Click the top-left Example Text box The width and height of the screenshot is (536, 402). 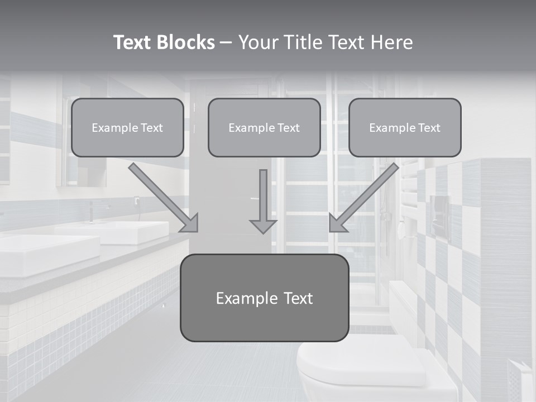[x=127, y=128]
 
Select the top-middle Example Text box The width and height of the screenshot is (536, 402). [x=264, y=128]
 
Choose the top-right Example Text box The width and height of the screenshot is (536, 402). [x=405, y=128]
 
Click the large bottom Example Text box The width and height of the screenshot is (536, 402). [x=264, y=298]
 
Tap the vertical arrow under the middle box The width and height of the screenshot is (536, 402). [x=263, y=198]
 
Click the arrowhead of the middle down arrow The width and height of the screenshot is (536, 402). [x=263, y=226]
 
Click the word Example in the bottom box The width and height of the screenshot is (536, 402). [x=243, y=298]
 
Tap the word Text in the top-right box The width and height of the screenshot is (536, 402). [x=429, y=128]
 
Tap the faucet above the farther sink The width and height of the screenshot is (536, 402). [x=91, y=212]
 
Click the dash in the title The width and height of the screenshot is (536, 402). [x=226, y=43]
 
